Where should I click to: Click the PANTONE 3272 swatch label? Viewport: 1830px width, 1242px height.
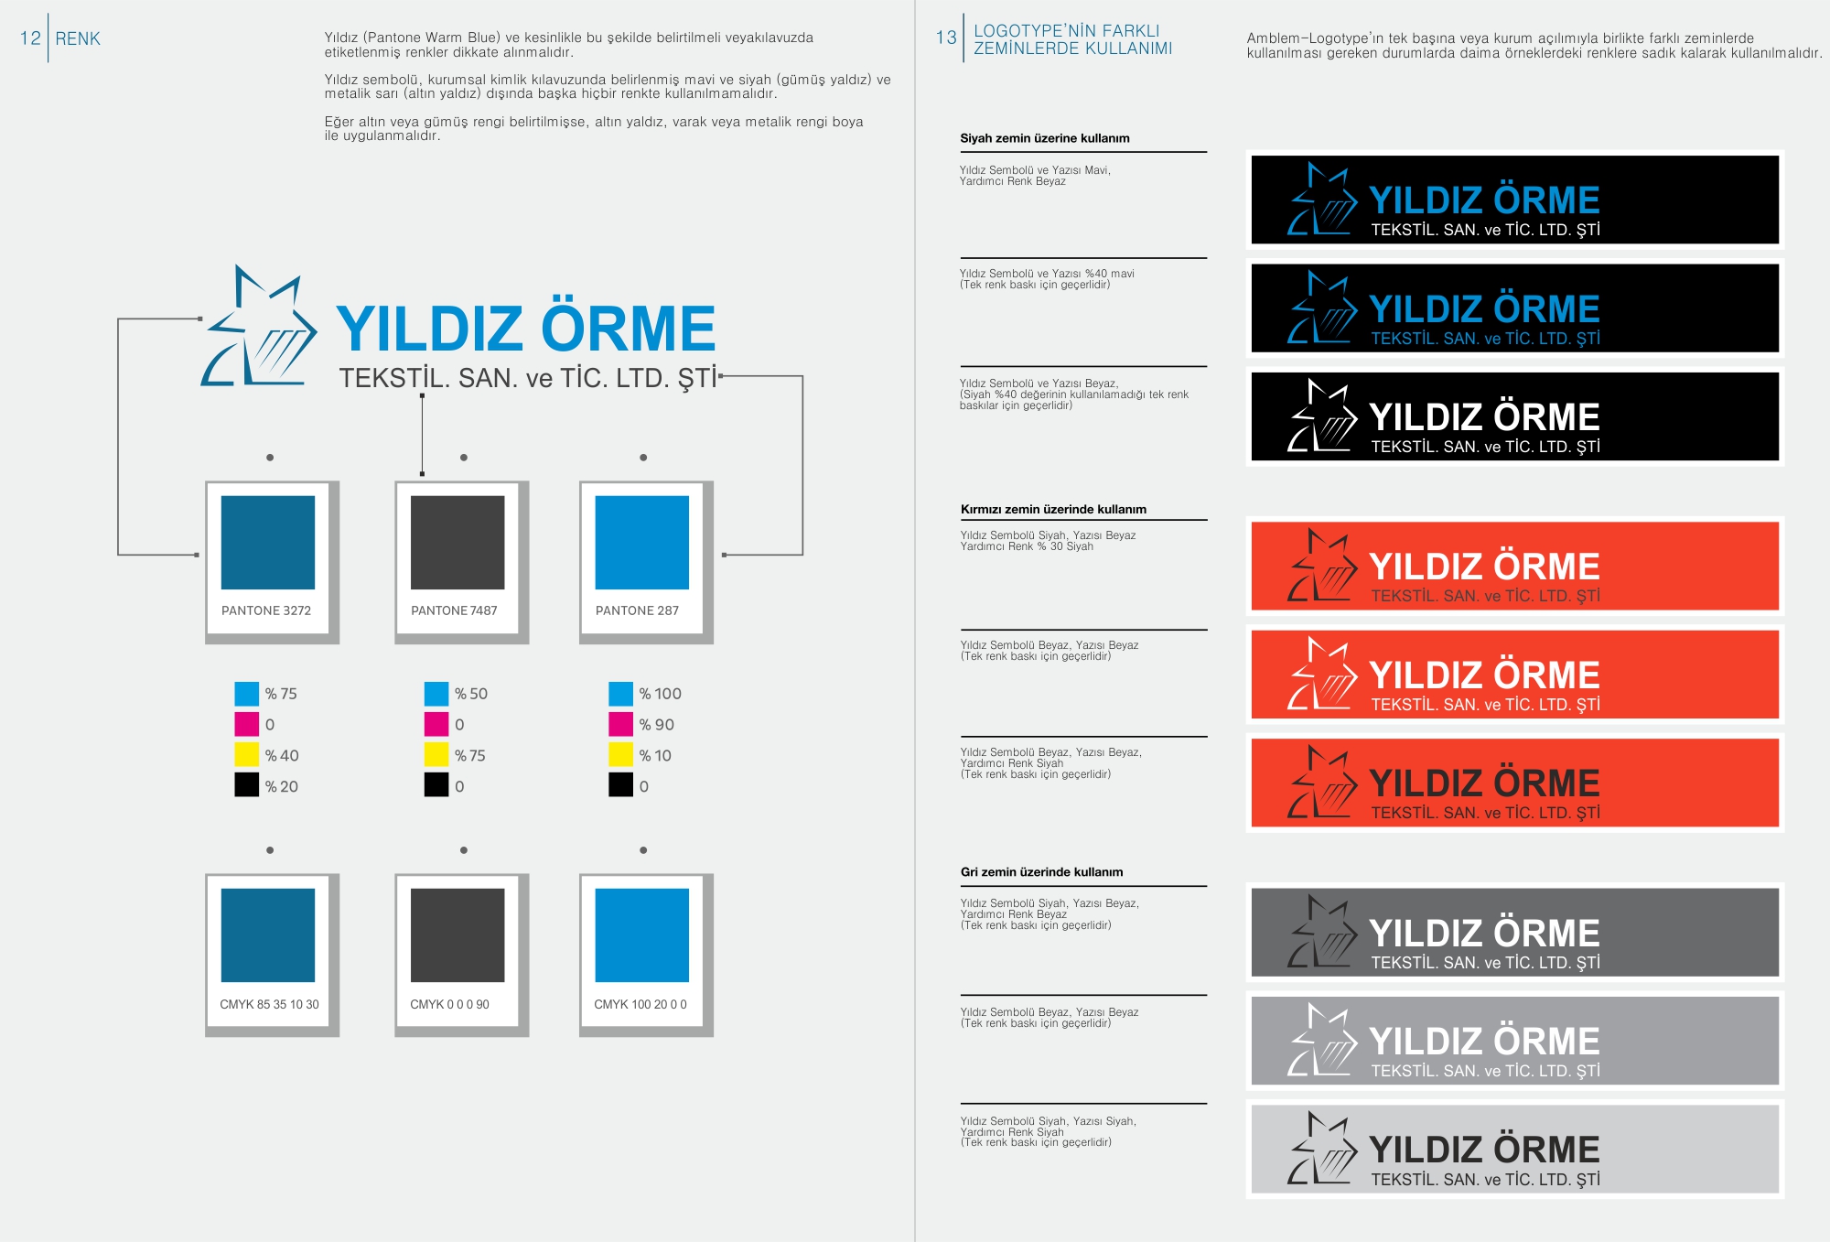266,610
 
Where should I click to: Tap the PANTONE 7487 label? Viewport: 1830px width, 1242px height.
454,610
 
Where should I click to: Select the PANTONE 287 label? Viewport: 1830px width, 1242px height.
637,610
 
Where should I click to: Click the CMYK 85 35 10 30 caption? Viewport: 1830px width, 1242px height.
269,1004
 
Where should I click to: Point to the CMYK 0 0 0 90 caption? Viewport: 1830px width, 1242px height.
449,1004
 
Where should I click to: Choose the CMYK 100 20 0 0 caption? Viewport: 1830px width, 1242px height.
640,1004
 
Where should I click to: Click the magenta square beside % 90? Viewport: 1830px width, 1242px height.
620,724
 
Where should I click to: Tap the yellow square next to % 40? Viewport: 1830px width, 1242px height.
247,755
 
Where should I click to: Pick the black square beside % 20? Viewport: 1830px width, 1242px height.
247,785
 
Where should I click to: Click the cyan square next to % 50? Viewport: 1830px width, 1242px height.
436,694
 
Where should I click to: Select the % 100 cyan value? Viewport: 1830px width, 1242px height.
660,694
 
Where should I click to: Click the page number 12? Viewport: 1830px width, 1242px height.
30,38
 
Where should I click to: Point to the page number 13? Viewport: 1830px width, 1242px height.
945,38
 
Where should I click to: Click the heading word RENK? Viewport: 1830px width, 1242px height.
78,38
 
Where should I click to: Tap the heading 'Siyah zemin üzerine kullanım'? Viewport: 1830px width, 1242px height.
1045,138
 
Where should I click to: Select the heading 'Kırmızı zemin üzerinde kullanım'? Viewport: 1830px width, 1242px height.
1053,509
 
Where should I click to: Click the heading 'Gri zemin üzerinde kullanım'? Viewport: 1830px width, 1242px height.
1041,872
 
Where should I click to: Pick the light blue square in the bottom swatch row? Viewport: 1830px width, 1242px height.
641,934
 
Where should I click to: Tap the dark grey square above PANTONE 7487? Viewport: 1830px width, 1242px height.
457,542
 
